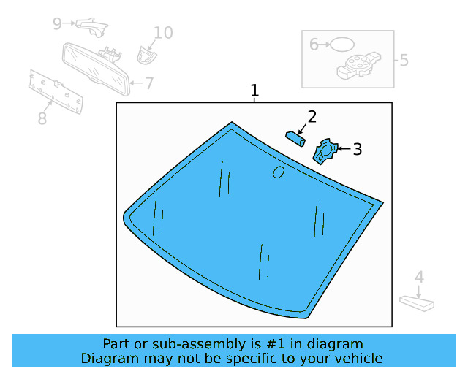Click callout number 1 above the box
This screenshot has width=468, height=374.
click(x=254, y=91)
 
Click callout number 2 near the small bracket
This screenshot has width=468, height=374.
click(x=312, y=116)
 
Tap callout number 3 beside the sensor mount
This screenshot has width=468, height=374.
click(x=357, y=149)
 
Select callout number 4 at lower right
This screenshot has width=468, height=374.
click(x=419, y=278)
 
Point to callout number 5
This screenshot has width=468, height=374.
click(x=404, y=60)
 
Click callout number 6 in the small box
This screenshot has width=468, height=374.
click(x=314, y=45)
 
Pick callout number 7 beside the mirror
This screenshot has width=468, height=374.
click(x=149, y=83)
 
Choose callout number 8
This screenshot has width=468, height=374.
click(x=42, y=118)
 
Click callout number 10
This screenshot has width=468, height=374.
click(x=163, y=32)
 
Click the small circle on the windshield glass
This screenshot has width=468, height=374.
click(x=279, y=172)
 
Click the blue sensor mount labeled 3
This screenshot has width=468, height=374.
click(x=324, y=150)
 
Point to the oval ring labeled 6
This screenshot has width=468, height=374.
click(x=341, y=45)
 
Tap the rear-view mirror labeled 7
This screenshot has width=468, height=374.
click(x=95, y=67)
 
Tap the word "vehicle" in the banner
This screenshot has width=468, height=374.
click(x=358, y=359)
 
